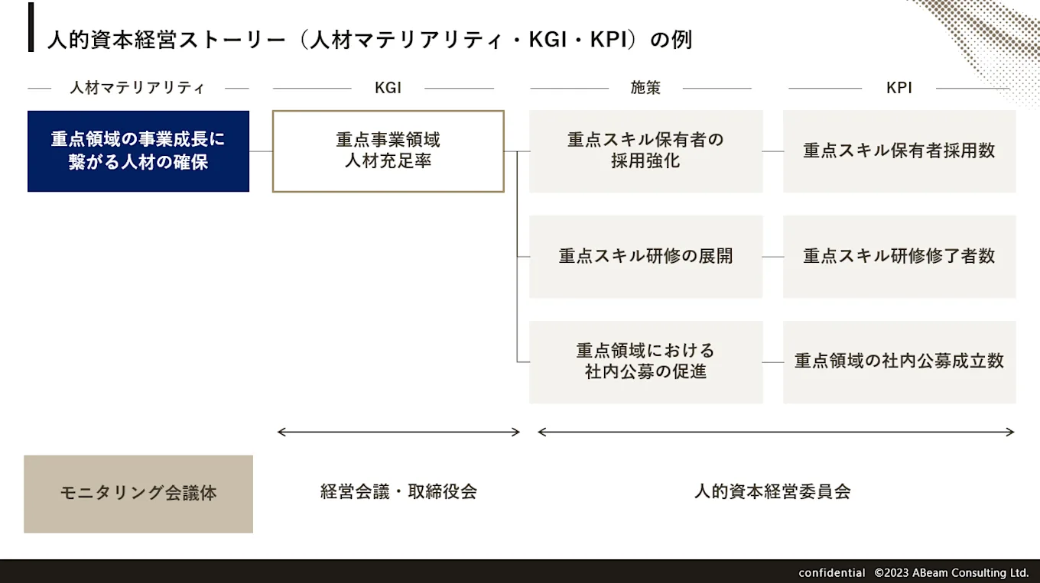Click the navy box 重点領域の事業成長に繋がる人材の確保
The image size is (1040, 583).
point(138,151)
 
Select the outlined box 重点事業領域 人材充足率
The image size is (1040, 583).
point(388,151)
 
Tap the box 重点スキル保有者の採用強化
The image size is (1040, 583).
point(645,151)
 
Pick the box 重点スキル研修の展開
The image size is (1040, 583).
point(645,257)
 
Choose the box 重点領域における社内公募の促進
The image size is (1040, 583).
point(645,362)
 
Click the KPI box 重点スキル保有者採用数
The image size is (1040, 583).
point(899,151)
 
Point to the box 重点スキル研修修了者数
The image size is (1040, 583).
point(899,257)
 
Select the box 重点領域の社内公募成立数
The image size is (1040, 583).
point(899,362)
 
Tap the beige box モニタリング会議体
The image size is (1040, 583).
point(138,494)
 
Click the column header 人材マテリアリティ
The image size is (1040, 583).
point(138,88)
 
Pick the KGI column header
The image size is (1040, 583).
point(388,88)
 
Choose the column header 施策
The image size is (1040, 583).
point(645,88)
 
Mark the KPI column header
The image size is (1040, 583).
point(899,88)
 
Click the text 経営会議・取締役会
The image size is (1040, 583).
point(398,491)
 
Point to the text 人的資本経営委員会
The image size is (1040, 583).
point(772,491)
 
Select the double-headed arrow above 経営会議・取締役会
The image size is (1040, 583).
point(398,432)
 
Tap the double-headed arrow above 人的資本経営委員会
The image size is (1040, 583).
point(776,432)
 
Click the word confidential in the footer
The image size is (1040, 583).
point(832,572)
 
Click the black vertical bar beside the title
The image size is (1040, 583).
point(31,28)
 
